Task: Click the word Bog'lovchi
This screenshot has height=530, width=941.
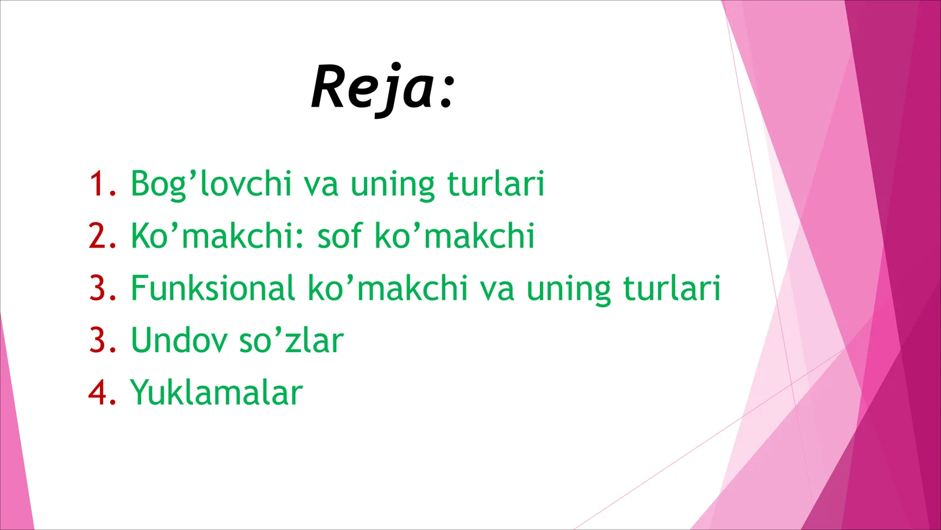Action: pyautogui.click(x=211, y=184)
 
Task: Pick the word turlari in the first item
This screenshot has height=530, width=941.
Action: pyautogui.click(x=496, y=183)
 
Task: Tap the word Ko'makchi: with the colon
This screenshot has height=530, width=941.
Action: pyautogui.click(x=218, y=236)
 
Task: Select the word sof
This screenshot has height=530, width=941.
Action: pyautogui.click(x=339, y=236)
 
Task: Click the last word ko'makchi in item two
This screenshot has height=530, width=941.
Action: pyautogui.click(x=454, y=236)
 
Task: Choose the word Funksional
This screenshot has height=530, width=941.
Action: pyautogui.click(x=212, y=288)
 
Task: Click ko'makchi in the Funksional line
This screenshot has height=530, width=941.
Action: pyautogui.click(x=388, y=288)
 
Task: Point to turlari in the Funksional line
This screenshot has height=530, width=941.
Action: pyautogui.click(x=671, y=288)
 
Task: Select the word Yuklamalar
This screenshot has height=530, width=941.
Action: pyautogui.click(x=216, y=393)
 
